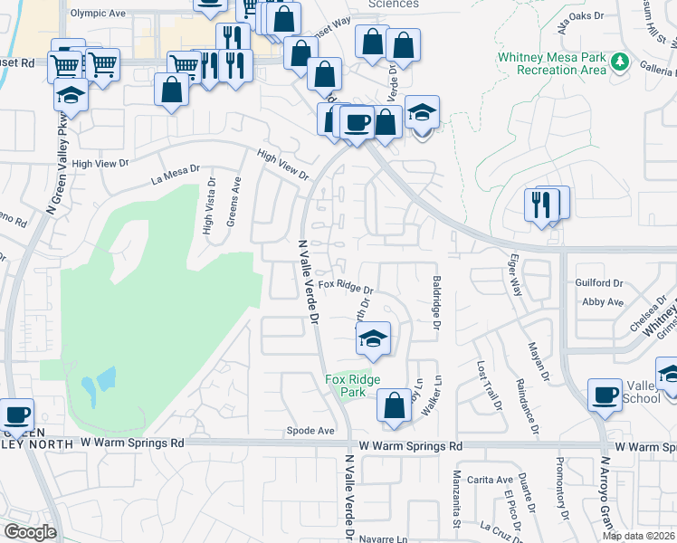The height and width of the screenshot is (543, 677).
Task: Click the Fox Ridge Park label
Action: coord(353,386)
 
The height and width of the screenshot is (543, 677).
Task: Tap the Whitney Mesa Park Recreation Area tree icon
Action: coord(619,62)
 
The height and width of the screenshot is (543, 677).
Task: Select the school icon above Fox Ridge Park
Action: coord(371,339)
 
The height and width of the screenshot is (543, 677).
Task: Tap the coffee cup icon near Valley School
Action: coord(604,395)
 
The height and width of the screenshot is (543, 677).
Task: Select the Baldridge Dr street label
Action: coord(436,302)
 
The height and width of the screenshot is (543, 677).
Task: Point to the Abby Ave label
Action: coord(604,302)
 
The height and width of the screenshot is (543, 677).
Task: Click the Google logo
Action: coord(29,532)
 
